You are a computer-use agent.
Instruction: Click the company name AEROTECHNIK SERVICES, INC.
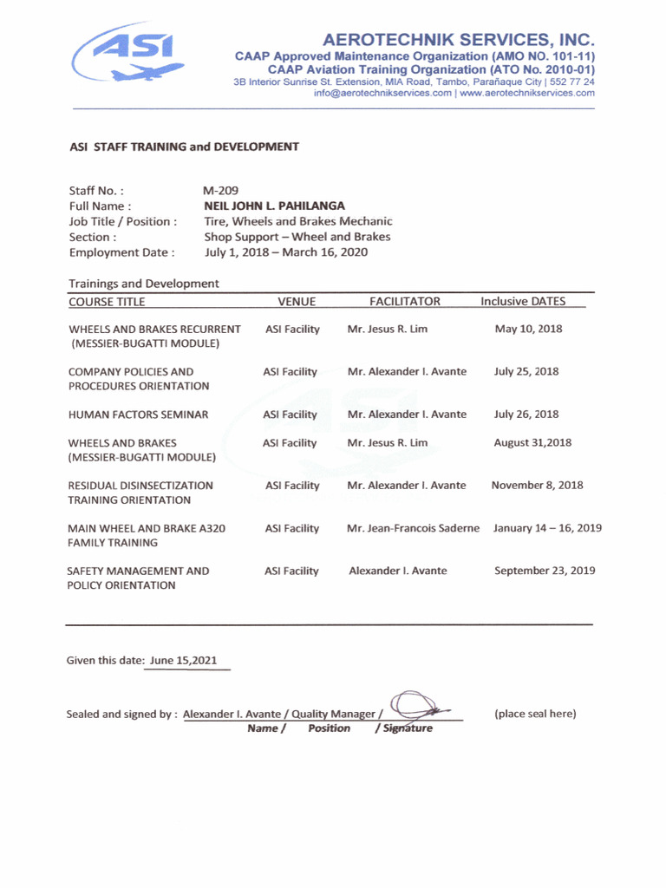point(459,40)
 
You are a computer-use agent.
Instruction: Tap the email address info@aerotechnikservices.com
point(382,93)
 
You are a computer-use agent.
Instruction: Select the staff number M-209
point(220,190)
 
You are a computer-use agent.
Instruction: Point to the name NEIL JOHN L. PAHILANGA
point(274,206)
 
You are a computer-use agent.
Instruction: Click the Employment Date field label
point(121,252)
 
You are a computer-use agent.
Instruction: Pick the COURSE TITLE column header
point(107,302)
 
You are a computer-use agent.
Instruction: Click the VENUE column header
point(297,302)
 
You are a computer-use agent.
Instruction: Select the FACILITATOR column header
point(405,302)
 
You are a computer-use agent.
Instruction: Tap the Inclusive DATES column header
point(523,302)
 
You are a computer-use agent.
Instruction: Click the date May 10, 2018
point(528,329)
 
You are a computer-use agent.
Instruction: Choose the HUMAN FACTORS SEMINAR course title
point(138,415)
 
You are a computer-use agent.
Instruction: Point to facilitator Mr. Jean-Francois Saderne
point(413,528)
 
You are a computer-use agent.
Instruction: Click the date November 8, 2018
point(537,486)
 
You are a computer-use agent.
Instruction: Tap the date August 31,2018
point(532,442)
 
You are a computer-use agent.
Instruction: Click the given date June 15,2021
point(183,661)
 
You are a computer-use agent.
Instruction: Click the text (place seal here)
point(535,714)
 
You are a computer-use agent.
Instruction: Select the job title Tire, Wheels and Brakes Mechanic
point(297,221)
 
